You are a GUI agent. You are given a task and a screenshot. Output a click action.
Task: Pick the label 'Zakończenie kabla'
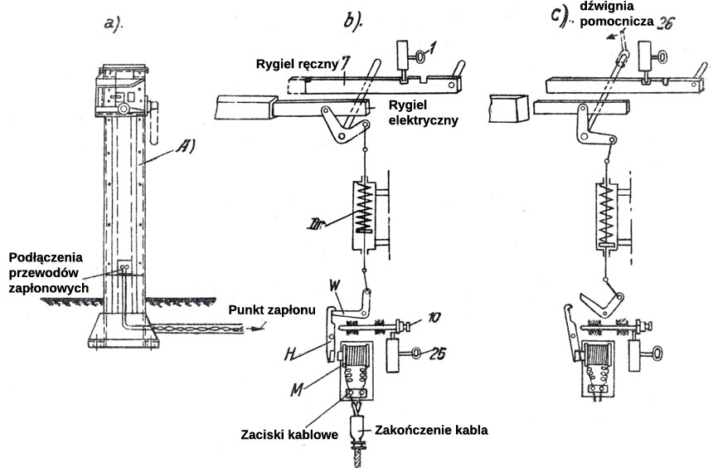pos(430,430)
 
